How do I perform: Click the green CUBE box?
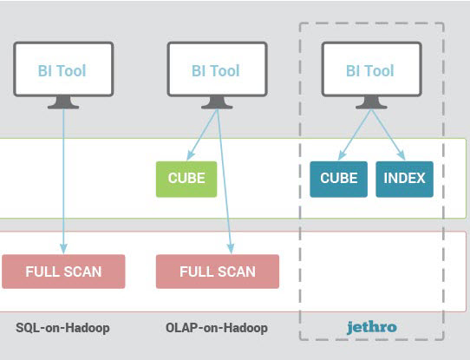click(x=186, y=180)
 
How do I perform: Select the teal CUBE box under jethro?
click(x=339, y=180)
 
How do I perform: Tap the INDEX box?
click(x=404, y=180)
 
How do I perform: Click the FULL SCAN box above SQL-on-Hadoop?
click(x=63, y=272)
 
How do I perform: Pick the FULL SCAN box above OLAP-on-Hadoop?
click(x=218, y=272)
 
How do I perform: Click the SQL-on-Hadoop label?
click(x=62, y=328)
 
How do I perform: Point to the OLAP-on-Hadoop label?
click(x=217, y=328)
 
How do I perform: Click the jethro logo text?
click(x=372, y=327)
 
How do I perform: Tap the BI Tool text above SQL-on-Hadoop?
click(x=62, y=71)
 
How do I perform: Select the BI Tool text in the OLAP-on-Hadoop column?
click(x=216, y=71)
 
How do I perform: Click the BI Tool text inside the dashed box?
click(x=370, y=71)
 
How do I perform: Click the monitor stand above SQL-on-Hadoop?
click(x=63, y=102)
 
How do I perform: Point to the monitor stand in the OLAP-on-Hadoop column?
click(x=217, y=102)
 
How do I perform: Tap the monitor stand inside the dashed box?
click(x=371, y=102)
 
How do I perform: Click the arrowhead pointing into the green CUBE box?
click(x=190, y=155)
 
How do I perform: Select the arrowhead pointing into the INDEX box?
click(x=401, y=155)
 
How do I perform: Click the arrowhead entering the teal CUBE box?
click(x=343, y=155)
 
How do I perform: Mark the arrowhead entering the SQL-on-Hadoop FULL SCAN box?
click(x=63, y=249)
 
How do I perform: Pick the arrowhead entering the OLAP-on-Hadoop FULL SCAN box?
click(x=231, y=249)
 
